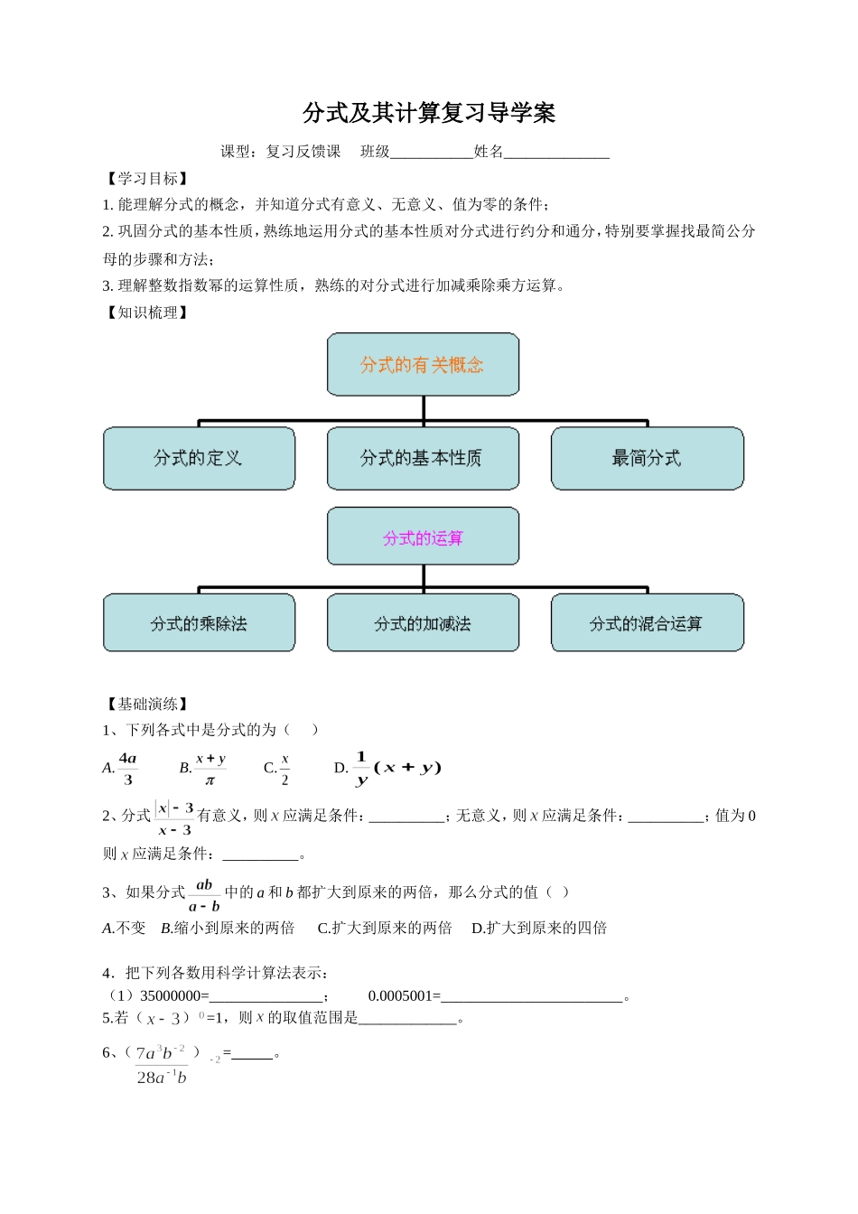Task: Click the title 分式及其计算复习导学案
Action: (x=429, y=113)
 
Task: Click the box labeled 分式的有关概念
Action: (x=423, y=364)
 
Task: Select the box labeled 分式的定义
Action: (x=199, y=458)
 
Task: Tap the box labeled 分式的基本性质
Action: (x=423, y=458)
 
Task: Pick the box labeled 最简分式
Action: (x=647, y=458)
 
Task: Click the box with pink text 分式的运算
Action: (x=423, y=537)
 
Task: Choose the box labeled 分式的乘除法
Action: (x=199, y=623)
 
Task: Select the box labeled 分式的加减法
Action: (x=423, y=623)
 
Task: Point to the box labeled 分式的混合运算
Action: (x=647, y=623)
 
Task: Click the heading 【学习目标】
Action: (x=147, y=179)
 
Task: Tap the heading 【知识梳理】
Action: (x=147, y=313)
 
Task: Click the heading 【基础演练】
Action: (x=147, y=704)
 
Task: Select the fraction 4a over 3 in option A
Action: (x=127, y=769)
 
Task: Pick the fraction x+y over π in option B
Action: (x=210, y=769)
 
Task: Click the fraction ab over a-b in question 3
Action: (x=204, y=895)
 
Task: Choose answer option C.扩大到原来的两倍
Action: (x=385, y=928)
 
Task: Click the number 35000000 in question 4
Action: (x=170, y=996)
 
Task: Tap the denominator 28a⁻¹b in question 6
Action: (x=162, y=1077)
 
